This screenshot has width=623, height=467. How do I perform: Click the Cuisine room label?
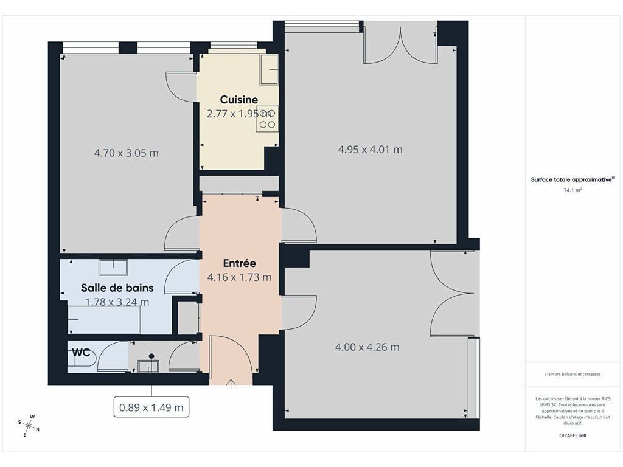[238, 100]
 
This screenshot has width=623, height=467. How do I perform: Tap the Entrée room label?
[239, 263]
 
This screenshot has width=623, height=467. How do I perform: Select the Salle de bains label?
[117, 288]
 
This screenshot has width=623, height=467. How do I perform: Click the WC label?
[81, 353]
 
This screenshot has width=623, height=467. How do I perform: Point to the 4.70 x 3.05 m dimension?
[127, 153]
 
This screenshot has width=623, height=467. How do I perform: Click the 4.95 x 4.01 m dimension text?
[371, 150]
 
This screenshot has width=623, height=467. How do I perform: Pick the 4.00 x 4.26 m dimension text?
[367, 347]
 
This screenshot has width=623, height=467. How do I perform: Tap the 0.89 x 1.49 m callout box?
[151, 407]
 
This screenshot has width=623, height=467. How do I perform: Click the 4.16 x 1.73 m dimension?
[240, 277]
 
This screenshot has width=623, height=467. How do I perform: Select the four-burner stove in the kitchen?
[267, 119]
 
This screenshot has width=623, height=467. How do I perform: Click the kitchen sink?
[269, 69]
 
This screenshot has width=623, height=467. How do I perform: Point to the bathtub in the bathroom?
[104, 320]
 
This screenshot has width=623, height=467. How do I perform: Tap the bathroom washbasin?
[113, 267]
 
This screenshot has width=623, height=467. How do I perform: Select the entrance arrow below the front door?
[231, 384]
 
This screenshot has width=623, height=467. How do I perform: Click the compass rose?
[29, 426]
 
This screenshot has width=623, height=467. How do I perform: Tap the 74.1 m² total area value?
[573, 190]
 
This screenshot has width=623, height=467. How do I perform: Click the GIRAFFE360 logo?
[573, 435]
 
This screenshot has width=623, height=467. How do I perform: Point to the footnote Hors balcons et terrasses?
[573, 374]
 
